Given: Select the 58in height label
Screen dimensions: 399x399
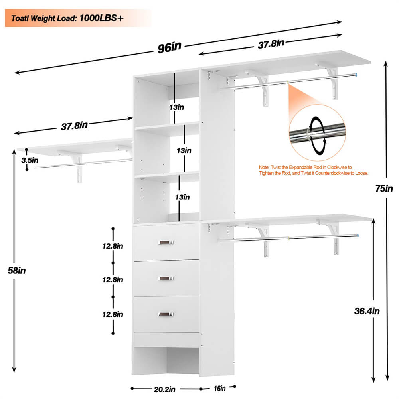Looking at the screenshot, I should pyautogui.click(x=17, y=270).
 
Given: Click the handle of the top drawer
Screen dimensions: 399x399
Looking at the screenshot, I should pyautogui.click(x=166, y=242).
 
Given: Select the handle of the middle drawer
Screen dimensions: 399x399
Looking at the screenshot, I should pyautogui.click(x=166, y=278).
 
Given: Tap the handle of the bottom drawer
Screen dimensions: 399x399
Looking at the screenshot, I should pyautogui.click(x=166, y=314).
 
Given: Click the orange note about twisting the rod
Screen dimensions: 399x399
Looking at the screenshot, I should pyautogui.click(x=313, y=171).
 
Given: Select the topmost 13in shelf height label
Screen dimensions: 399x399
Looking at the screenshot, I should pyautogui.click(x=176, y=107).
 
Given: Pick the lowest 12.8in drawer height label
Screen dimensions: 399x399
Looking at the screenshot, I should pyautogui.click(x=112, y=314).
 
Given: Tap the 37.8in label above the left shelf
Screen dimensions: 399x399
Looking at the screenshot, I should pyautogui.click(x=74, y=126).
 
